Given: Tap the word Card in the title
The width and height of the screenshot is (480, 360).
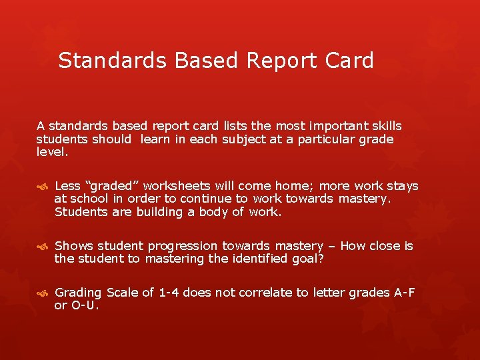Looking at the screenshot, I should point(349,61).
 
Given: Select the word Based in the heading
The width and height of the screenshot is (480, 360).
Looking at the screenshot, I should point(207,61).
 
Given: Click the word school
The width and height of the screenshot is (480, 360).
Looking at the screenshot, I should point(89,199).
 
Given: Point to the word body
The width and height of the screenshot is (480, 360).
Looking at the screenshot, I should point(210,212).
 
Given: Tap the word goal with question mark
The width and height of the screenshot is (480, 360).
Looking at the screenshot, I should point(307,259).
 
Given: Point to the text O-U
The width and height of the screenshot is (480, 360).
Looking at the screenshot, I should point(85,305).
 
